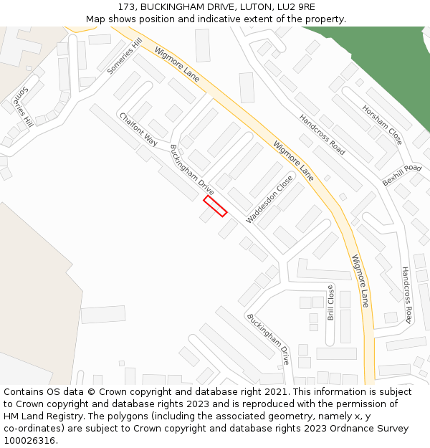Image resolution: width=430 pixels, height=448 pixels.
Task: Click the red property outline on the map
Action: [215, 206]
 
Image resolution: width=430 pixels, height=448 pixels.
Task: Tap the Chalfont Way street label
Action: [138, 129]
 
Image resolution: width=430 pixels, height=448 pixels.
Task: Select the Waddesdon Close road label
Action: [269, 199]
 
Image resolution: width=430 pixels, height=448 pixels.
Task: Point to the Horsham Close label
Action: [382, 123]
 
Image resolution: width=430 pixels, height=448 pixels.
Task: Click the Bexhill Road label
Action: [402, 175]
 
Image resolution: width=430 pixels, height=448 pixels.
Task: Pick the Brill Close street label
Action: [330, 302]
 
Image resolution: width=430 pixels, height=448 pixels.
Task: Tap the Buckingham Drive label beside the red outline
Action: [191, 169]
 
